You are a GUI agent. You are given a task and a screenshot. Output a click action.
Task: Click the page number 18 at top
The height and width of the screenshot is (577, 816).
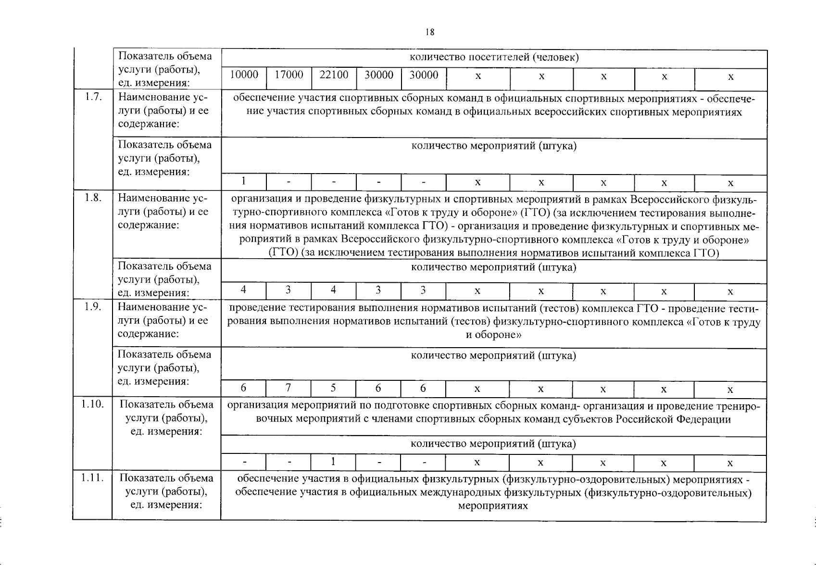[430, 32]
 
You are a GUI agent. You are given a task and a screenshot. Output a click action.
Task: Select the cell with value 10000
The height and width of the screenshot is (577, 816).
[244, 75]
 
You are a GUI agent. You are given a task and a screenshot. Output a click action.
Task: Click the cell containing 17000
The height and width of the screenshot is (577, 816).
[289, 75]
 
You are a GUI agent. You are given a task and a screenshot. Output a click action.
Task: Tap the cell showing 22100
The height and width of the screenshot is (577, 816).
[334, 75]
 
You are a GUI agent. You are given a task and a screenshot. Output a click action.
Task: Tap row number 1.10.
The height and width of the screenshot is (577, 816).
[92, 404]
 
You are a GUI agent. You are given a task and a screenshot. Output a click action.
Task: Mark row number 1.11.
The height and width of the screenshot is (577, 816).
[92, 478]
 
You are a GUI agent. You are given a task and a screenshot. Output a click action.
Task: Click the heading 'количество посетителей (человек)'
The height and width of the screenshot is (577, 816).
[493, 58]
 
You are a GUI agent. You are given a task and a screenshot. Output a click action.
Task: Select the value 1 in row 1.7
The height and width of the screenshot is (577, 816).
[244, 181]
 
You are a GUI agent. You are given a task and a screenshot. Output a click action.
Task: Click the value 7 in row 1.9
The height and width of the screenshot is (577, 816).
[288, 388]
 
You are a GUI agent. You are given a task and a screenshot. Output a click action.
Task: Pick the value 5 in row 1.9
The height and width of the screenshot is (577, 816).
[333, 388]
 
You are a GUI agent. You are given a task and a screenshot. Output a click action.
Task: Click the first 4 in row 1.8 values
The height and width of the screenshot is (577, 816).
[244, 290]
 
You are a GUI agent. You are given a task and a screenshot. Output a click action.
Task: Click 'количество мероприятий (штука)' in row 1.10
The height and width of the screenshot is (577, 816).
[493, 443]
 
